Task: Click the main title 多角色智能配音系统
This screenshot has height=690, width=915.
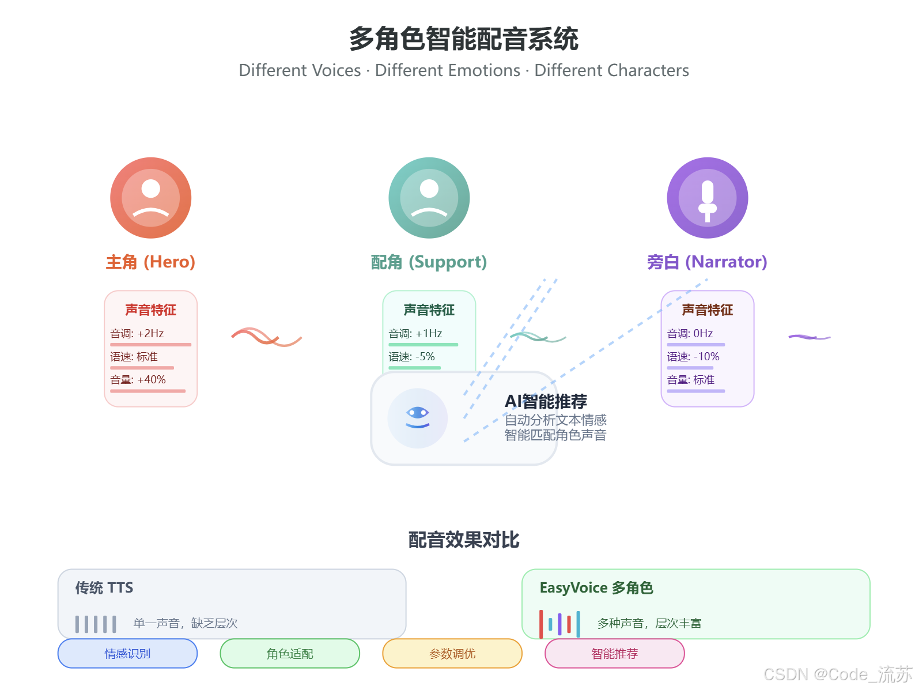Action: tap(463, 39)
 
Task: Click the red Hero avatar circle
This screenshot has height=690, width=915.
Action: tap(151, 198)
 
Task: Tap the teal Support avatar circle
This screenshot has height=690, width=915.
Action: tap(429, 198)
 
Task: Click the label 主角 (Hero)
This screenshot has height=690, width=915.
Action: tap(151, 262)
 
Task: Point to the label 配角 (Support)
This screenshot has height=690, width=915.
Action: tap(429, 262)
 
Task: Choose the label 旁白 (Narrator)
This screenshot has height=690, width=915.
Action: tap(707, 262)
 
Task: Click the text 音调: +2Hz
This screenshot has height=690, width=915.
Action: tap(137, 334)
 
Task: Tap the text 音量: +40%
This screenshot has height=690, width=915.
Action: tap(138, 380)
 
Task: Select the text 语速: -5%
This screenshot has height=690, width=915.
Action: tap(412, 357)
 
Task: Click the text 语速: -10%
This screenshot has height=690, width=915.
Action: tap(693, 357)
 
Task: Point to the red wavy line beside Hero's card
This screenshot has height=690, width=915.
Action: tap(266, 337)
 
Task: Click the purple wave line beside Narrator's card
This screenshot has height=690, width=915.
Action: tap(809, 337)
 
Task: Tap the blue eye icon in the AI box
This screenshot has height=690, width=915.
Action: tap(418, 417)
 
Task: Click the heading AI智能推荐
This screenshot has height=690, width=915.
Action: tap(546, 401)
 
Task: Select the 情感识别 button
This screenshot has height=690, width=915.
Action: tap(127, 654)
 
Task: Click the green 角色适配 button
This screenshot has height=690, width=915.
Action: tap(290, 654)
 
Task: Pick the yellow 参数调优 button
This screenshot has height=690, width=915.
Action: tap(452, 654)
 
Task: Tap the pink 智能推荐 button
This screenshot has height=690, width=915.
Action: tap(615, 654)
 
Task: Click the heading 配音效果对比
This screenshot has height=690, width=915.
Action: tap(464, 540)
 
